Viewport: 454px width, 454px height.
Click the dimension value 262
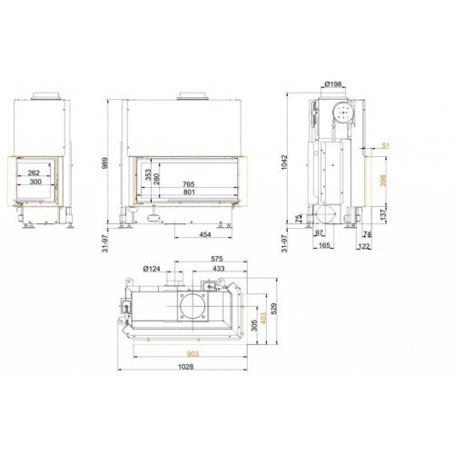click(x=33, y=173)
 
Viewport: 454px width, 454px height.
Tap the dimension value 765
click(x=189, y=183)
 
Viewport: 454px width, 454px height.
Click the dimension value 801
click(x=189, y=192)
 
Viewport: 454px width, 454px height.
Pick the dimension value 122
click(x=364, y=245)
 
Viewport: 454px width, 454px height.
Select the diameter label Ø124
click(x=151, y=269)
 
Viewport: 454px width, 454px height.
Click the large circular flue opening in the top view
click(x=194, y=305)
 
